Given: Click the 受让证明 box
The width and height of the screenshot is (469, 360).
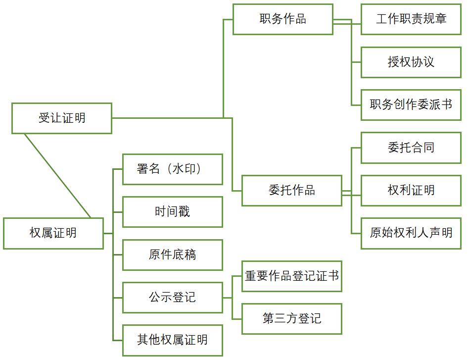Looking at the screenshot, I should [62, 118].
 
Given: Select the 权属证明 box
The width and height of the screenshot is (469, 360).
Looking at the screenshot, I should [53, 233].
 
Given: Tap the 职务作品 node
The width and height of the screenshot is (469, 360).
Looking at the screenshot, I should [282, 19].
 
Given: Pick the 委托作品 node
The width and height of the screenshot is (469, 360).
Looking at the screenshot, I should [291, 191].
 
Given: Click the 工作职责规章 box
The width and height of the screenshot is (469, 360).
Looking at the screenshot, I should [411, 19].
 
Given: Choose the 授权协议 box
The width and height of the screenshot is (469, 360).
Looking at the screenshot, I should [411, 62].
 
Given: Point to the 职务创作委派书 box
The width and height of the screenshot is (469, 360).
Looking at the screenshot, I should [411, 105].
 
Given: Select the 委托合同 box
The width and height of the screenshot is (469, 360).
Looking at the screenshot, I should [411, 148].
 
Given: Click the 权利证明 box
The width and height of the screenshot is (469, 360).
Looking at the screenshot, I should [411, 191].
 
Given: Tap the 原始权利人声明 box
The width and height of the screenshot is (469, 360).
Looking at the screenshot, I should [411, 233].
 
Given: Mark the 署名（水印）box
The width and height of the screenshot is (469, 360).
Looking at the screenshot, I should [172, 169].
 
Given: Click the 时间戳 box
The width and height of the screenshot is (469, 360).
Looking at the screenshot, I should [172, 212].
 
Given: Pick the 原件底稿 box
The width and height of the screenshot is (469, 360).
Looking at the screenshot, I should [172, 255].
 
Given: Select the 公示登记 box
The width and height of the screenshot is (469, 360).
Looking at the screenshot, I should [172, 298].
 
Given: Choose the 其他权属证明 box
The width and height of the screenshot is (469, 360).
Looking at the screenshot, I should [172, 340].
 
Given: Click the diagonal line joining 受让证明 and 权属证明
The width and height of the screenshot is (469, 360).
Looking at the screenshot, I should [57, 176].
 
